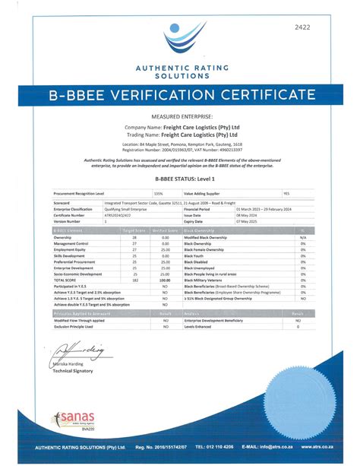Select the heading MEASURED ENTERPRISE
point(180,116)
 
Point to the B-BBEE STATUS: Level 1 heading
point(179,179)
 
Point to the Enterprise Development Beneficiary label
point(219,321)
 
